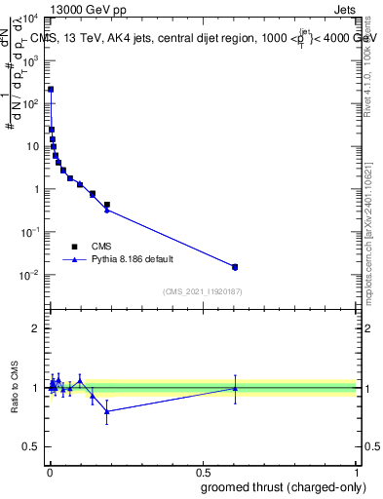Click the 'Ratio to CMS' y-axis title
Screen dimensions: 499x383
pyautogui.click(x=15, y=388)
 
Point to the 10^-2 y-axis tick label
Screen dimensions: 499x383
pyautogui.click(x=31, y=276)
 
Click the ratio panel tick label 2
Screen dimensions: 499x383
pyautogui.click(x=36, y=328)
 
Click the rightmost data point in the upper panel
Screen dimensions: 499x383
pyautogui.click(x=234, y=266)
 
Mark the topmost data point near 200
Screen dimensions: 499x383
pyautogui.click(x=51, y=90)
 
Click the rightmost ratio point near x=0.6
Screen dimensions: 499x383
pyautogui.click(x=234, y=388)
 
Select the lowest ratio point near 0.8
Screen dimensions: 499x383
pyautogui.click(x=107, y=411)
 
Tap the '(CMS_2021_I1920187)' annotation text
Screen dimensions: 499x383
pyautogui.click(x=203, y=291)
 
